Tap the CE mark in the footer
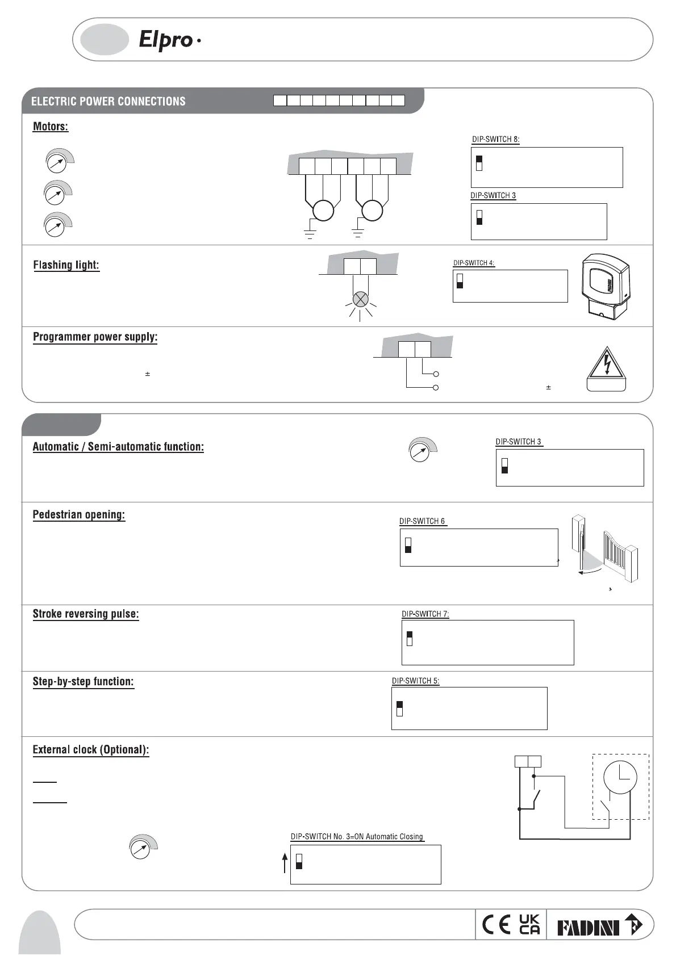click(496, 925)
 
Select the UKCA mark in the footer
click(529, 925)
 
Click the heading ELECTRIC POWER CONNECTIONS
click(108, 102)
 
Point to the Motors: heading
click(51, 127)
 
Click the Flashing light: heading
click(66, 265)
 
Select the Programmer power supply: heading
click(95, 337)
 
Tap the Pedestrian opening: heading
click(78, 515)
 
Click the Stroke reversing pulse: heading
click(85, 614)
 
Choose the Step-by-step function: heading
click(83, 681)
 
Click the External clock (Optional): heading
click(91, 749)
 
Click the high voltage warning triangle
click(607, 363)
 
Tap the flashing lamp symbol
click(360, 300)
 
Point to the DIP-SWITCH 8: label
click(495, 139)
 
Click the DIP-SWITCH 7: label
click(425, 614)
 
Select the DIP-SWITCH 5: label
click(415, 681)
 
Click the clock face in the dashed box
click(620, 777)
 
